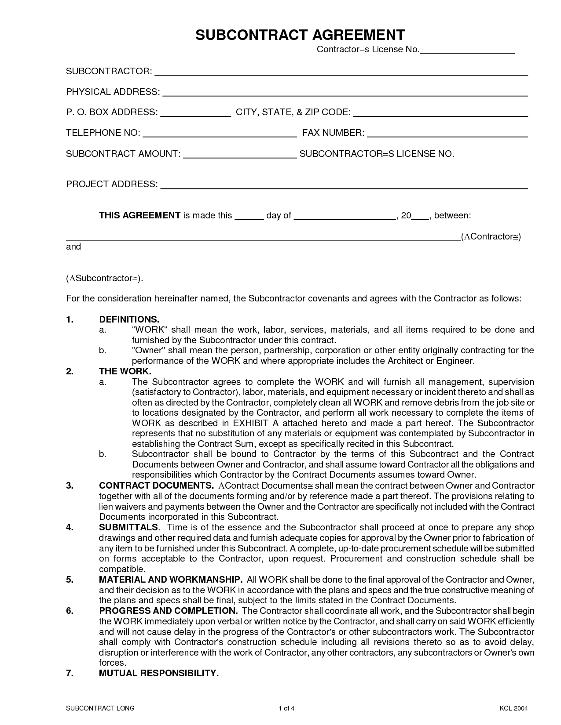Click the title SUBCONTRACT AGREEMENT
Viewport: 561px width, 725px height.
click(300, 35)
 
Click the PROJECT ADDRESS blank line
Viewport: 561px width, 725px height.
click(344, 185)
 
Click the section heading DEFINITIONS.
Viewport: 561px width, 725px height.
click(129, 319)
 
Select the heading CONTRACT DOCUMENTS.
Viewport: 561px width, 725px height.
click(156, 486)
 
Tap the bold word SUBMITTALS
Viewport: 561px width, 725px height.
click(128, 527)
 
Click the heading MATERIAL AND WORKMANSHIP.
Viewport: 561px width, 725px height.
click(170, 580)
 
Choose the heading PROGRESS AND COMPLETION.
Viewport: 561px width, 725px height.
click(168, 611)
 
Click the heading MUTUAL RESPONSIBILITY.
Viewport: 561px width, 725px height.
click(158, 673)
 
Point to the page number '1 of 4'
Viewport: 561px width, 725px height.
click(286, 708)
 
